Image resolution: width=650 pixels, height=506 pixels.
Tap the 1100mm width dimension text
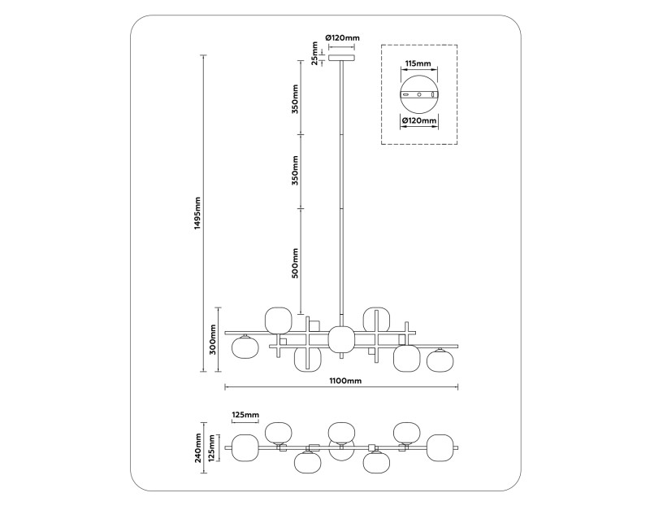pyautogui.click(x=344, y=380)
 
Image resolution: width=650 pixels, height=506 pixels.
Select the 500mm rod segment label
pyautogui.click(x=296, y=262)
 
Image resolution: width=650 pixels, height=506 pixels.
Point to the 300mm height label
pyautogui.click(x=212, y=340)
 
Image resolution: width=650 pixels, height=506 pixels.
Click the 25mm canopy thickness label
pyautogui.click(x=314, y=56)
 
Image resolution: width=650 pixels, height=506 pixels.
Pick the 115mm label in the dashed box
pyautogui.click(x=418, y=63)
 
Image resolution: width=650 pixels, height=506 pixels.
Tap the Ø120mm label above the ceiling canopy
pyautogui.click(x=342, y=37)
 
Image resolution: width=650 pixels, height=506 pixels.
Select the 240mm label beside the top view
pyautogui.click(x=197, y=446)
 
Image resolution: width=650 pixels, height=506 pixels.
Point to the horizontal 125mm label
pyautogui.click(x=245, y=416)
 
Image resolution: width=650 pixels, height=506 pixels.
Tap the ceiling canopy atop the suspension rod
pyautogui.click(x=341, y=58)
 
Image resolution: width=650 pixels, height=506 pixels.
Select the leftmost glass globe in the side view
pyautogui.click(x=245, y=347)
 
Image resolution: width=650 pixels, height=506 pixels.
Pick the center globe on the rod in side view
pyautogui.click(x=341, y=339)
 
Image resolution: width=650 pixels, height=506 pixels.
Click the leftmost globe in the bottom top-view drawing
pyautogui.click(x=245, y=447)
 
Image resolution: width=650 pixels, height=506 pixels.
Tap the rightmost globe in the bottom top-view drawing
pyautogui.click(x=440, y=447)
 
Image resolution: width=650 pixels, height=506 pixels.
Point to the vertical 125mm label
pyautogui.click(x=213, y=447)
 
